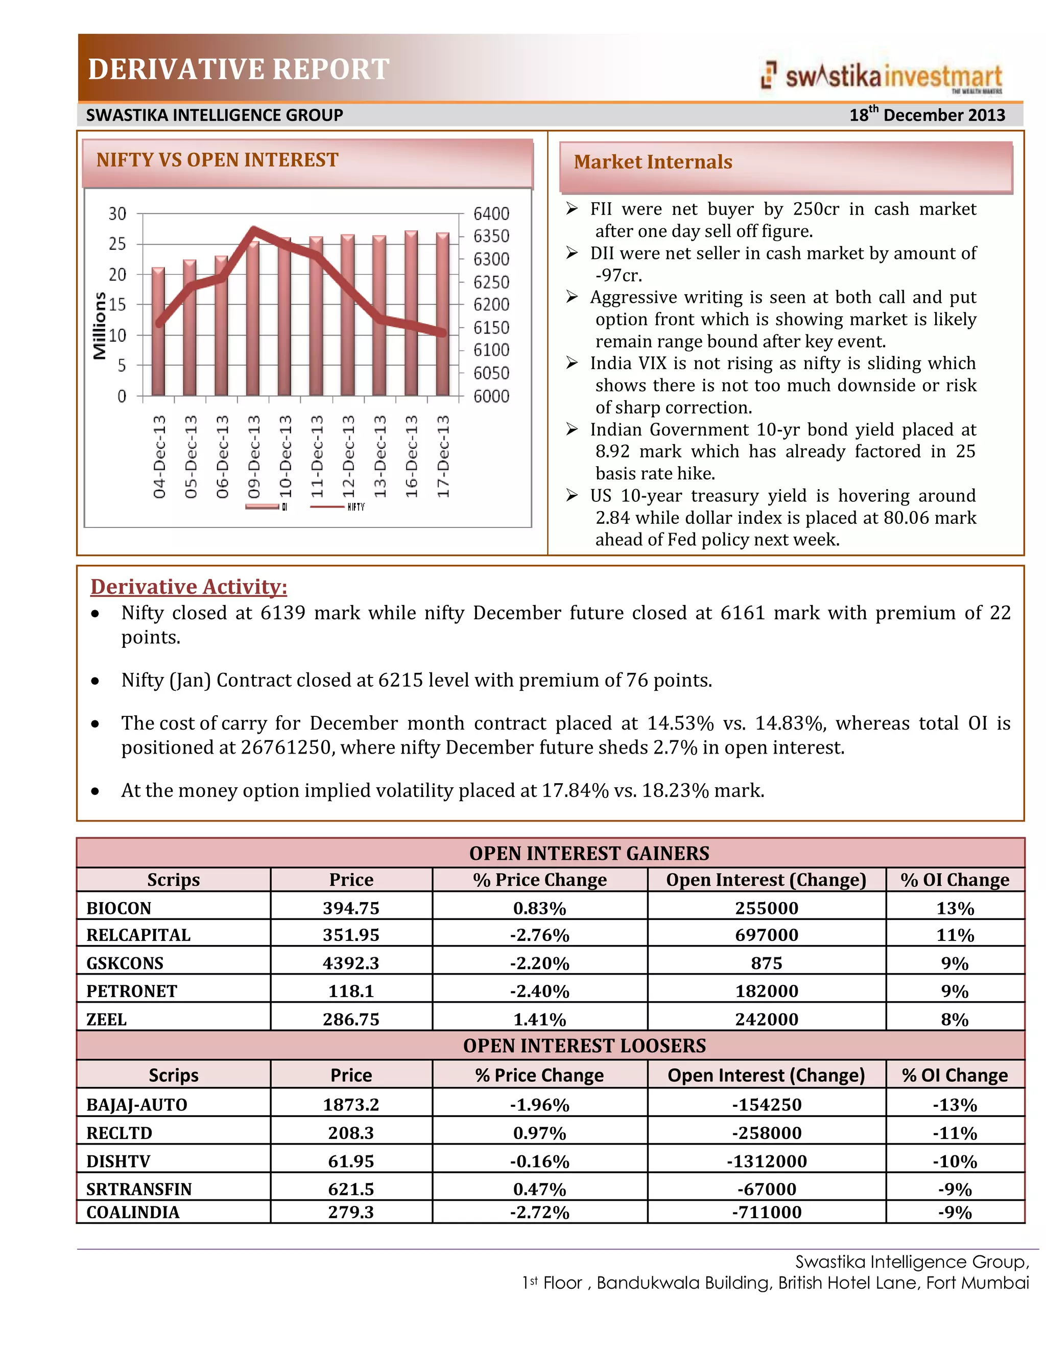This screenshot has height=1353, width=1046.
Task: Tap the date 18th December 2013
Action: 927,114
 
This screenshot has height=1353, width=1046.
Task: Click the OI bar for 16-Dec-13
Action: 411,313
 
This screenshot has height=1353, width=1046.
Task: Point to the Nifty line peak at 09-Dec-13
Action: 253,230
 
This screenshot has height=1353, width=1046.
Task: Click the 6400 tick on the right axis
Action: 491,214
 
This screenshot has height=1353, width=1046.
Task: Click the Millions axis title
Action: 99,326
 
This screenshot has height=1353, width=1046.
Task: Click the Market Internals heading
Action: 653,162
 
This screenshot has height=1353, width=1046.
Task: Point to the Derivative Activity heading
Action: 188,586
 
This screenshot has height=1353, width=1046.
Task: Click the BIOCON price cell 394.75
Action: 351,908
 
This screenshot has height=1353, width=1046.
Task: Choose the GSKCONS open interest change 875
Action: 767,963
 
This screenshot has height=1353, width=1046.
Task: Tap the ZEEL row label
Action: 107,1019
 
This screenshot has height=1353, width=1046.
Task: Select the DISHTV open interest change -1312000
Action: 767,1161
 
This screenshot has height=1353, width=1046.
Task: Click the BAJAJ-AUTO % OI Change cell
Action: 954,1104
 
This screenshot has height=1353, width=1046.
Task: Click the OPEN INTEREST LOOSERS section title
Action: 584,1046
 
